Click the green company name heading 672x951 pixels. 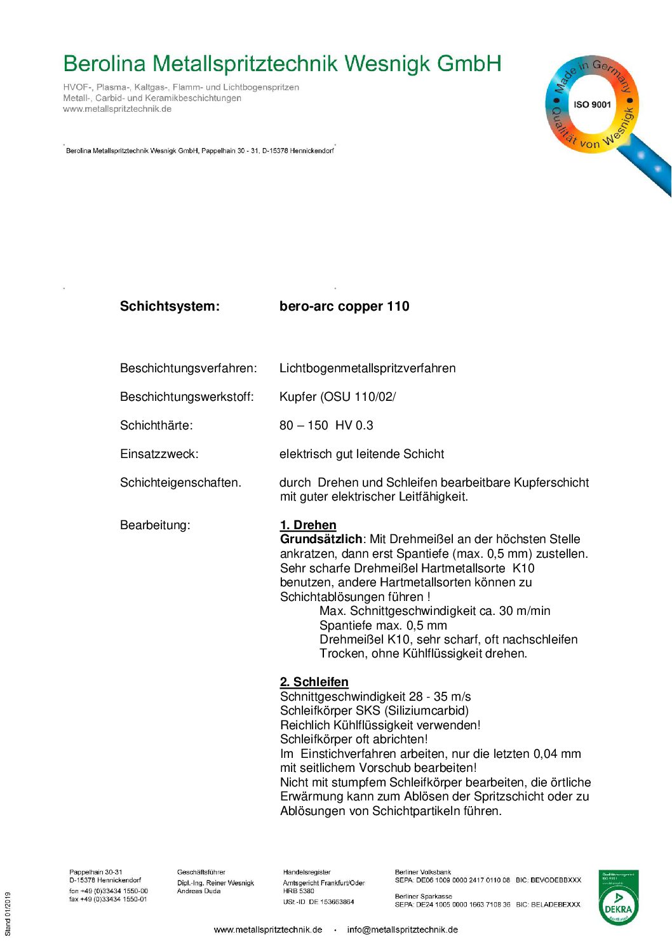pos(282,64)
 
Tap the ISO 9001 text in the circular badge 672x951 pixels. pos(592,105)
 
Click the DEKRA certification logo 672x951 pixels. pos(618,898)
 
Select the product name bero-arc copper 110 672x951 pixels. pos(344,306)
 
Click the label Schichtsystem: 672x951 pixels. pos(170,306)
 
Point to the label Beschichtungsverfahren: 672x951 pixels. pos(189,368)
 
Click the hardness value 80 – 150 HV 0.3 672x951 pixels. pos(326,426)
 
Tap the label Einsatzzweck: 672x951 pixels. pos(159,454)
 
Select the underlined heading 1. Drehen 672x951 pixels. pos(308,525)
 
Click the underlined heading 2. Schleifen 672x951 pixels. pos(314,682)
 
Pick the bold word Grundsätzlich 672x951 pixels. pos(321,539)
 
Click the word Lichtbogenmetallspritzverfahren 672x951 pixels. pos(367,368)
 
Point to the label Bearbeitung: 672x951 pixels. pos(155,525)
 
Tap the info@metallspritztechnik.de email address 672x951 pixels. pos(402,929)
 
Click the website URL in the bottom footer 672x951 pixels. pos(268,929)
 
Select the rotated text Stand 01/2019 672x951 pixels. pos(8,914)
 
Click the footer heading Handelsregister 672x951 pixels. pos(307,872)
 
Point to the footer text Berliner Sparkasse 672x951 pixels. pos(423,896)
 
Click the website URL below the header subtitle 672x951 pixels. pos(117,109)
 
